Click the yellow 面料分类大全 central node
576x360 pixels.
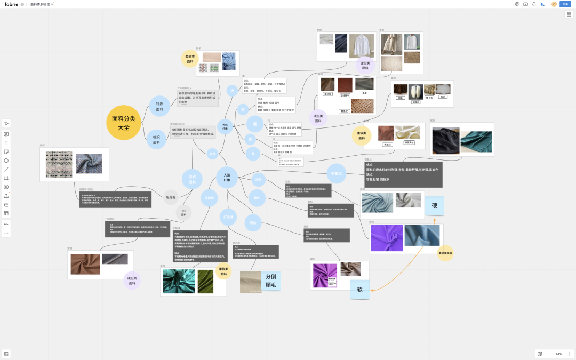click(x=123, y=123)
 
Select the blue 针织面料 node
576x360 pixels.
click(x=159, y=106)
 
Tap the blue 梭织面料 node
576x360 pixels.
click(x=157, y=140)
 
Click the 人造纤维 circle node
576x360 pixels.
click(x=227, y=177)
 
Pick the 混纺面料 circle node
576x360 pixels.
click(x=192, y=179)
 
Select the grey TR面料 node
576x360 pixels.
click(x=183, y=213)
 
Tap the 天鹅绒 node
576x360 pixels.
click(x=210, y=197)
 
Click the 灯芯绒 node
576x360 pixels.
click(x=228, y=217)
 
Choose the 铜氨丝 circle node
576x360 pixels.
click(x=336, y=172)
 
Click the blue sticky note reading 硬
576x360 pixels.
click(x=434, y=206)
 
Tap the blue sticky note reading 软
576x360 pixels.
click(x=359, y=290)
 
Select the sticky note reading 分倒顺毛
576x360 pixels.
click(x=270, y=281)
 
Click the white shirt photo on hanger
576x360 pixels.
click(x=362, y=45)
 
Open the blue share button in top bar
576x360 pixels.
click(x=565, y=4)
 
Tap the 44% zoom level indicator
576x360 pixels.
click(x=558, y=354)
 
